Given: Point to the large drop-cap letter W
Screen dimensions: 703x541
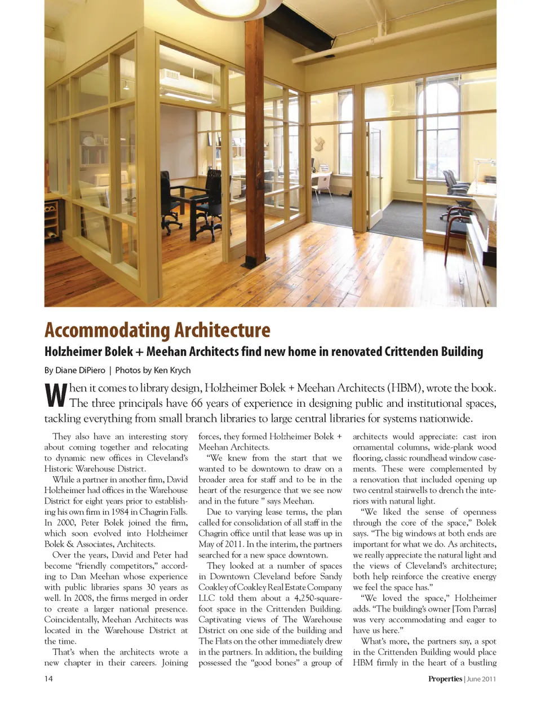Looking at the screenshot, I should click(56, 396).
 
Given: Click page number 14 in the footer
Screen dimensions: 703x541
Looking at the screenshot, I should click(48, 678).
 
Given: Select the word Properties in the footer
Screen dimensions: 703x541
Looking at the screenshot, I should click(445, 679).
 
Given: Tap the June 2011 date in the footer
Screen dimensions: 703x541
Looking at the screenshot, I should click(481, 679).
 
